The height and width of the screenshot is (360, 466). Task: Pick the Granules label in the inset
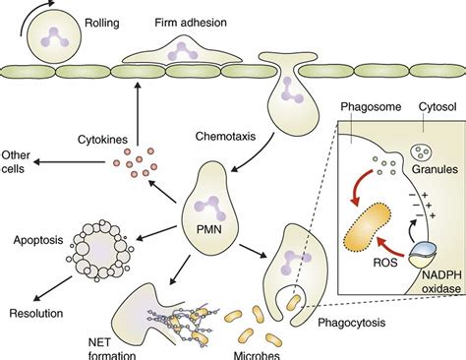[431, 169]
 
